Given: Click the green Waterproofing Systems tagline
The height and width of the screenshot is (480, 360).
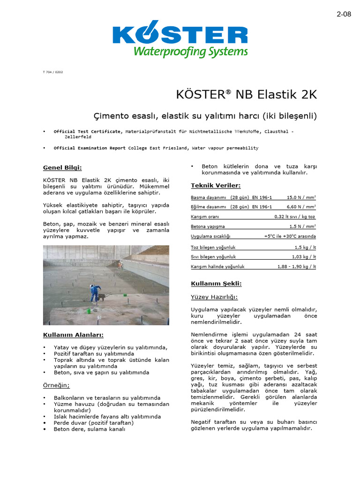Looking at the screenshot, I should [x=190, y=52].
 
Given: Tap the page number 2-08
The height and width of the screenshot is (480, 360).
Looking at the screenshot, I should [x=344, y=14].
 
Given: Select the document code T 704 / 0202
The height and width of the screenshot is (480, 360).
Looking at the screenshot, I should [x=53, y=72].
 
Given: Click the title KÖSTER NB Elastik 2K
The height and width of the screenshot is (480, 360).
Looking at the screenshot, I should [x=247, y=94].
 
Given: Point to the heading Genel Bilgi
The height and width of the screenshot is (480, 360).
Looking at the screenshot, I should [x=62, y=167].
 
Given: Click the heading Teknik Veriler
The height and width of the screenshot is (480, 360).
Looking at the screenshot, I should [x=216, y=186].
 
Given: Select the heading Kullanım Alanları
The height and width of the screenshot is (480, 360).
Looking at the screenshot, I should [x=73, y=335].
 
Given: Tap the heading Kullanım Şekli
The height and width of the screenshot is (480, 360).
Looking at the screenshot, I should [x=216, y=284].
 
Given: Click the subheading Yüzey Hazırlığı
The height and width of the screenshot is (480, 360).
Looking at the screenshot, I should [x=214, y=297].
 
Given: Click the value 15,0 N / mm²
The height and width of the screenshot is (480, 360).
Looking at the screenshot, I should [x=301, y=198].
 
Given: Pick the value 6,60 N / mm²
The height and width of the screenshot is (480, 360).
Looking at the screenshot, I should [x=301, y=207].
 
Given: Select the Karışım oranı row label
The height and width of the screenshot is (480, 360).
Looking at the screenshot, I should [x=205, y=217].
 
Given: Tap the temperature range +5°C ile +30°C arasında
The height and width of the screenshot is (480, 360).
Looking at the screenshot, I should [x=290, y=236].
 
